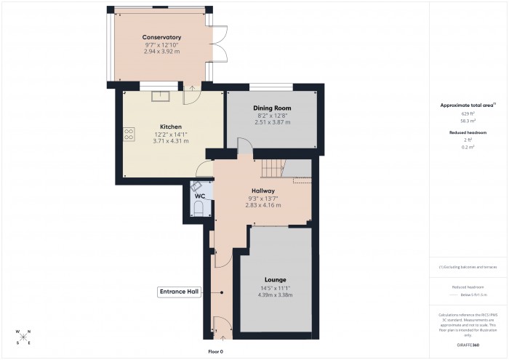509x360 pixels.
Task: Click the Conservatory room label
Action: (161, 37)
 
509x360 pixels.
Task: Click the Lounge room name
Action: (275, 280)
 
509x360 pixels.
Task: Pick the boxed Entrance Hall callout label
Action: (179, 292)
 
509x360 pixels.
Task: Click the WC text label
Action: (199, 196)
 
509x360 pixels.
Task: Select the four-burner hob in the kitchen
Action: (129, 134)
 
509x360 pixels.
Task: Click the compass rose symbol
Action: (23, 336)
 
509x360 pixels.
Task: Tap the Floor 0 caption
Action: (216, 351)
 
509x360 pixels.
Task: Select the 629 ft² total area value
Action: (468, 114)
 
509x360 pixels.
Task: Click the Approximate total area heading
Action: (467, 105)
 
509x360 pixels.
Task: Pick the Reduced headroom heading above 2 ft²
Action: (468, 132)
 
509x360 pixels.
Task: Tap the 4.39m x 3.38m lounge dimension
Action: (275, 295)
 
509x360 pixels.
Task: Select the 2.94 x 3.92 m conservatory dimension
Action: (161, 52)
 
